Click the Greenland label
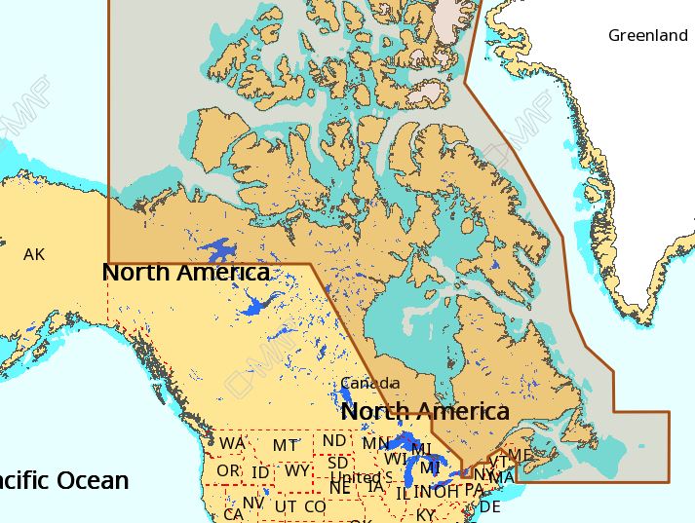point(647,36)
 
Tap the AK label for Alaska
point(34,255)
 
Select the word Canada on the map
point(369,383)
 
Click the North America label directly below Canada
point(424,411)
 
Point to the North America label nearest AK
point(185,273)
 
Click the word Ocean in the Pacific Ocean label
point(92,480)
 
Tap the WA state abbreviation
point(232,444)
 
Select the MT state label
point(285,446)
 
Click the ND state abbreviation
point(334,441)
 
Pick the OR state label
point(228,470)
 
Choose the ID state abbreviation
point(260,472)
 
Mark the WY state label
point(297,471)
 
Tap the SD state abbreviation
point(337,463)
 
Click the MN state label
point(375,444)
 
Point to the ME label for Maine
point(521,455)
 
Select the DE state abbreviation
point(490,506)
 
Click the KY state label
point(426,514)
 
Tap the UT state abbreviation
point(286,506)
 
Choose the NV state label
point(253,503)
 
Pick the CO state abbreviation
point(315,506)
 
